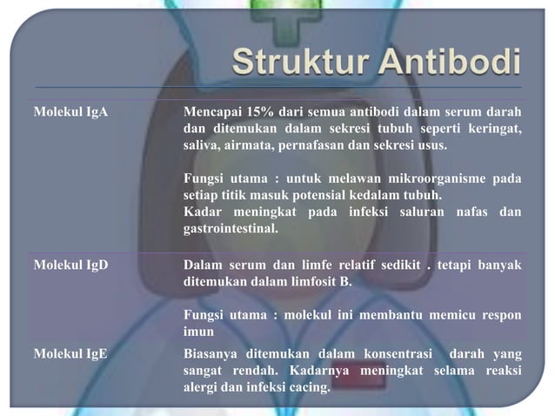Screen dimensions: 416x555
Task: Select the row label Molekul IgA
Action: pos(70,113)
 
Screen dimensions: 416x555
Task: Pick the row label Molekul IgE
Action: pos(70,354)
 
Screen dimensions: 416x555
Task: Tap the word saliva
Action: pos(200,144)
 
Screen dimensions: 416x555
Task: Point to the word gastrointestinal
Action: pos(230,228)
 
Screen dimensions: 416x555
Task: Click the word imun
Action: pos(197,332)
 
